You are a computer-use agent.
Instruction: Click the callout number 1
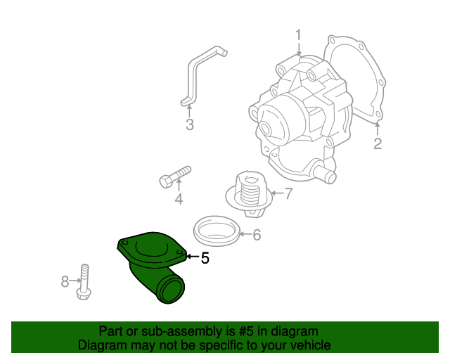point(298,34)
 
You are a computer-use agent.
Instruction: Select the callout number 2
point(378,144)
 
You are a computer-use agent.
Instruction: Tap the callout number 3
point(189,125)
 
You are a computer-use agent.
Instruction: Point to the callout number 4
point(179,200)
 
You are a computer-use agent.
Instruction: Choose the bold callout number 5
point(205,258)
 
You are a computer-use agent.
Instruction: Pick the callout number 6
point(256,235)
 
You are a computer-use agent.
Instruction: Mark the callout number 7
point(288,193)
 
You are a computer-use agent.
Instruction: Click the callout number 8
point(65,281)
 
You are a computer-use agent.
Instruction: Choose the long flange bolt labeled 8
point(83,281)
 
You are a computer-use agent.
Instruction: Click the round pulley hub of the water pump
point(271,123)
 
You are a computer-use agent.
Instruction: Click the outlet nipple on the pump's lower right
point(324,172)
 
